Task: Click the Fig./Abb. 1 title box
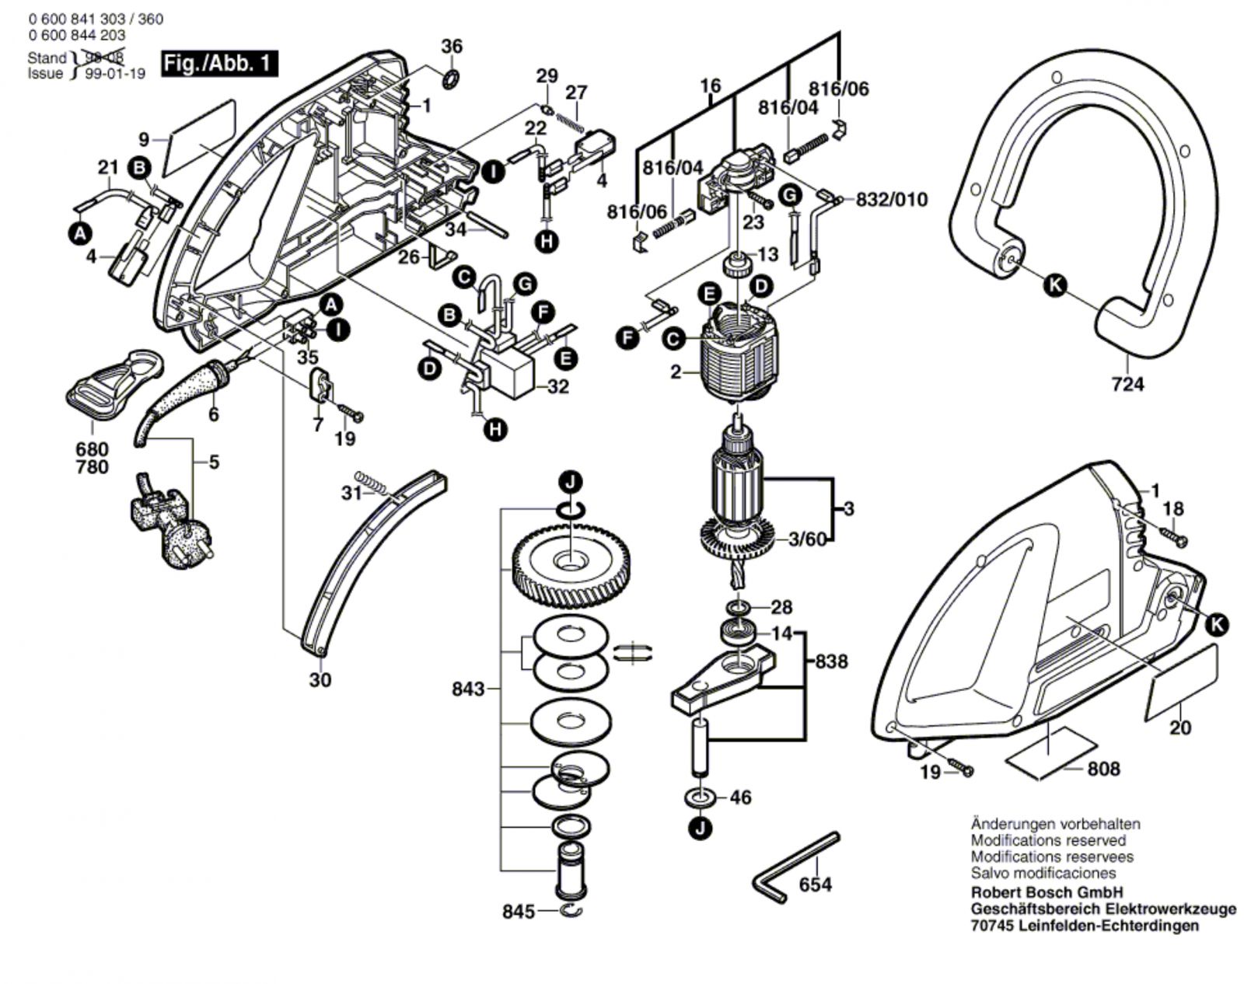[x=219, y=64]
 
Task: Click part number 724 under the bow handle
[x=1127, y=384]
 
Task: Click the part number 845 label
[x=519, y=911]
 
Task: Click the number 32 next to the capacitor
[x=557, y=386]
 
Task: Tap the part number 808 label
[x=1104, y=769]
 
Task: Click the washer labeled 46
[x=702, y=797]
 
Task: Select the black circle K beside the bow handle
[x=1054, y=285]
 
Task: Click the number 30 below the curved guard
[x=320, y=679]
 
